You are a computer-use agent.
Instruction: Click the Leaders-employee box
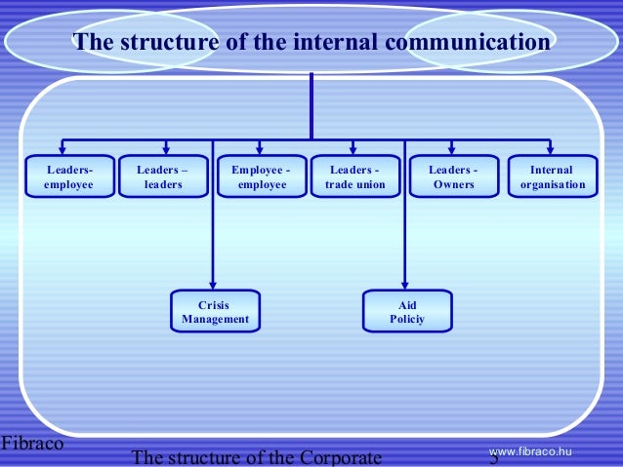(69, 176)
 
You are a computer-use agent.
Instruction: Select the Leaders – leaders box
(163, 176)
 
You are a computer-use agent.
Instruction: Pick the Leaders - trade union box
(355, 176)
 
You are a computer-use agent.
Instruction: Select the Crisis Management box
(215, 312)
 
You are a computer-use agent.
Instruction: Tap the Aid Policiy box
(407, 312)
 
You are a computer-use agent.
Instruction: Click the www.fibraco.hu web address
(529, 449)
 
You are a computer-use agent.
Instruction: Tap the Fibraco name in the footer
(32, 444)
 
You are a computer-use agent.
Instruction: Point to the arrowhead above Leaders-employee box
(62, 148)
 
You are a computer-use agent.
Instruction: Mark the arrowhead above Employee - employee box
(261, 148)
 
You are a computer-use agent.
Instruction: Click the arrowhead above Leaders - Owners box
(452, 148)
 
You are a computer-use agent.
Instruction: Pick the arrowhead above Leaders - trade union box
(355, 148)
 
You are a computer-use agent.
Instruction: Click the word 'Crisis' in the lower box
(215, 305)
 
